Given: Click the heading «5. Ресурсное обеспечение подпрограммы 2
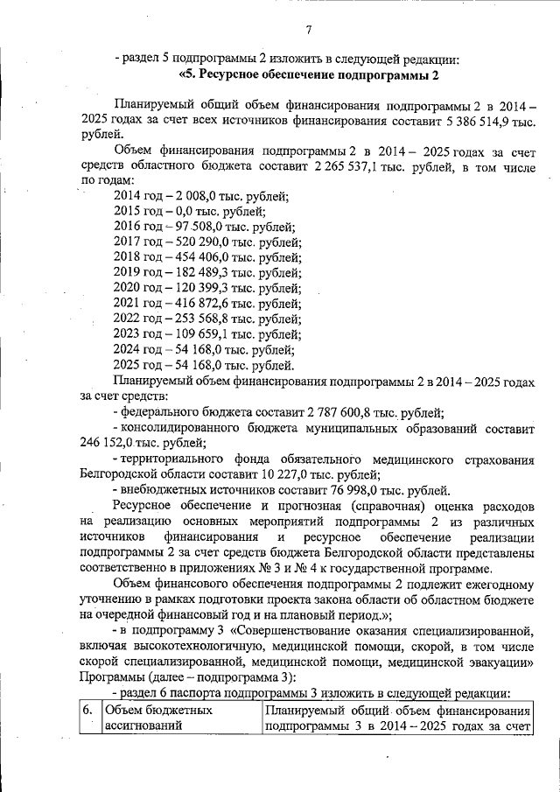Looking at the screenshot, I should [x=308, y=75].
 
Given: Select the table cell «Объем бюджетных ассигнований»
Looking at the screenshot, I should [x=179, y=718].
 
